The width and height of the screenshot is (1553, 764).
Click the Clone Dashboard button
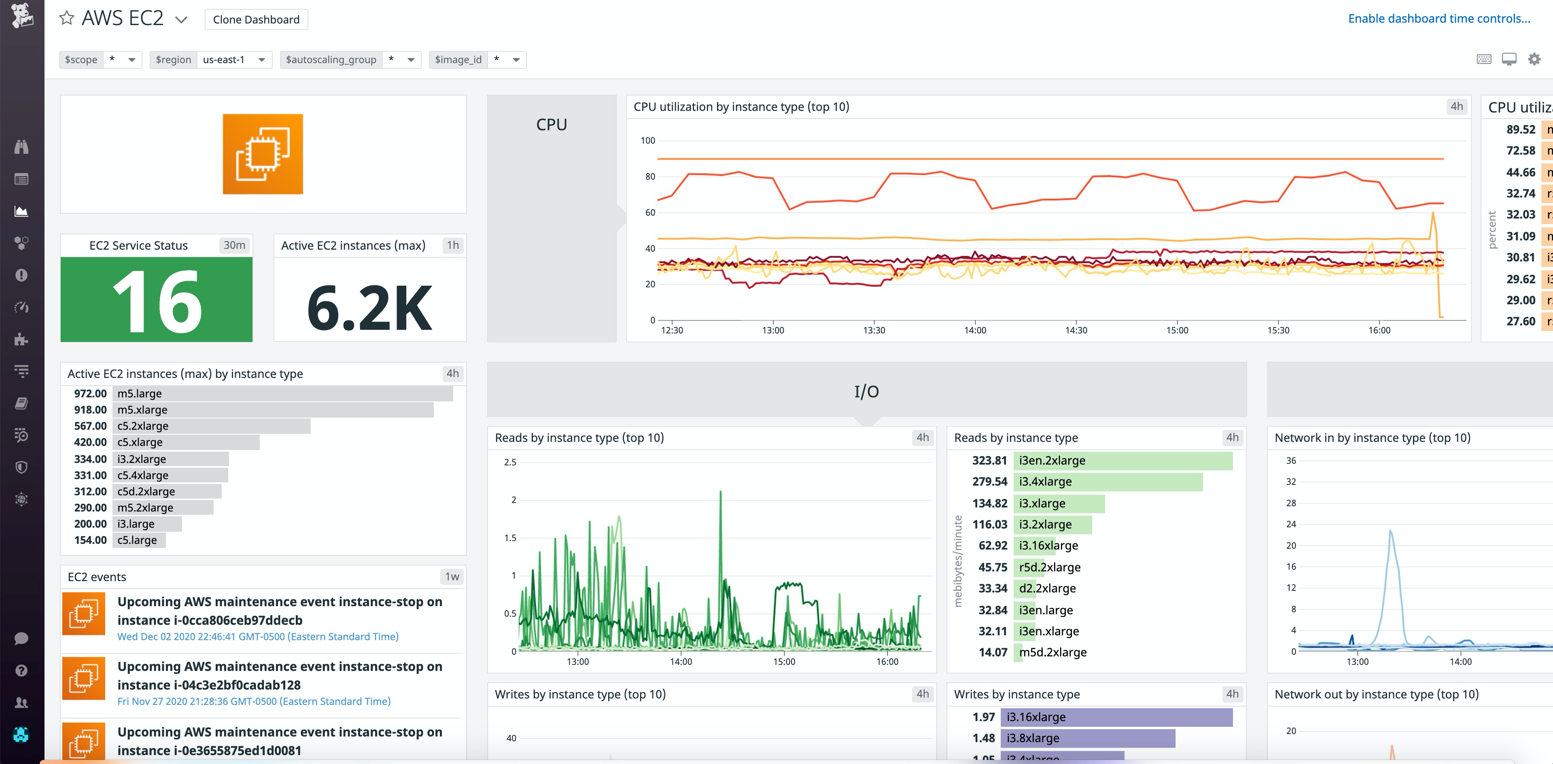(x=256, y=19)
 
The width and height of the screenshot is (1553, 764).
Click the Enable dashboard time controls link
(x=1438, y=19)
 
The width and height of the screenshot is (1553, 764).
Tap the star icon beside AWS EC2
(x=66, y=18)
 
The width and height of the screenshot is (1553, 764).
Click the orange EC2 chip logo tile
(x=263, y=154)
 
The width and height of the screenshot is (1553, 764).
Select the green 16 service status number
(x=157, y=300)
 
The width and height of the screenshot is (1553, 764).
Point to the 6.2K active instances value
(x=369, y=308)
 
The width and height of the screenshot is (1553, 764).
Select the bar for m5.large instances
(x=282, y=394)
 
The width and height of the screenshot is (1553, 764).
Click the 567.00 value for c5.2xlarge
(x=90, y=426)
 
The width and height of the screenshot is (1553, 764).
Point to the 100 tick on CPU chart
(x=647, y=140)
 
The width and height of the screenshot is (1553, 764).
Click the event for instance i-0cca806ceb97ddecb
(x=280, y=611)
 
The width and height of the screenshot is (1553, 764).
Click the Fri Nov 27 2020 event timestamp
(x=254, y=701)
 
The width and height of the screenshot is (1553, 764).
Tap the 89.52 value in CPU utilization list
(x=1521, y=129)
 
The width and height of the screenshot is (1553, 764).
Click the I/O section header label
(x=866, y=392)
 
